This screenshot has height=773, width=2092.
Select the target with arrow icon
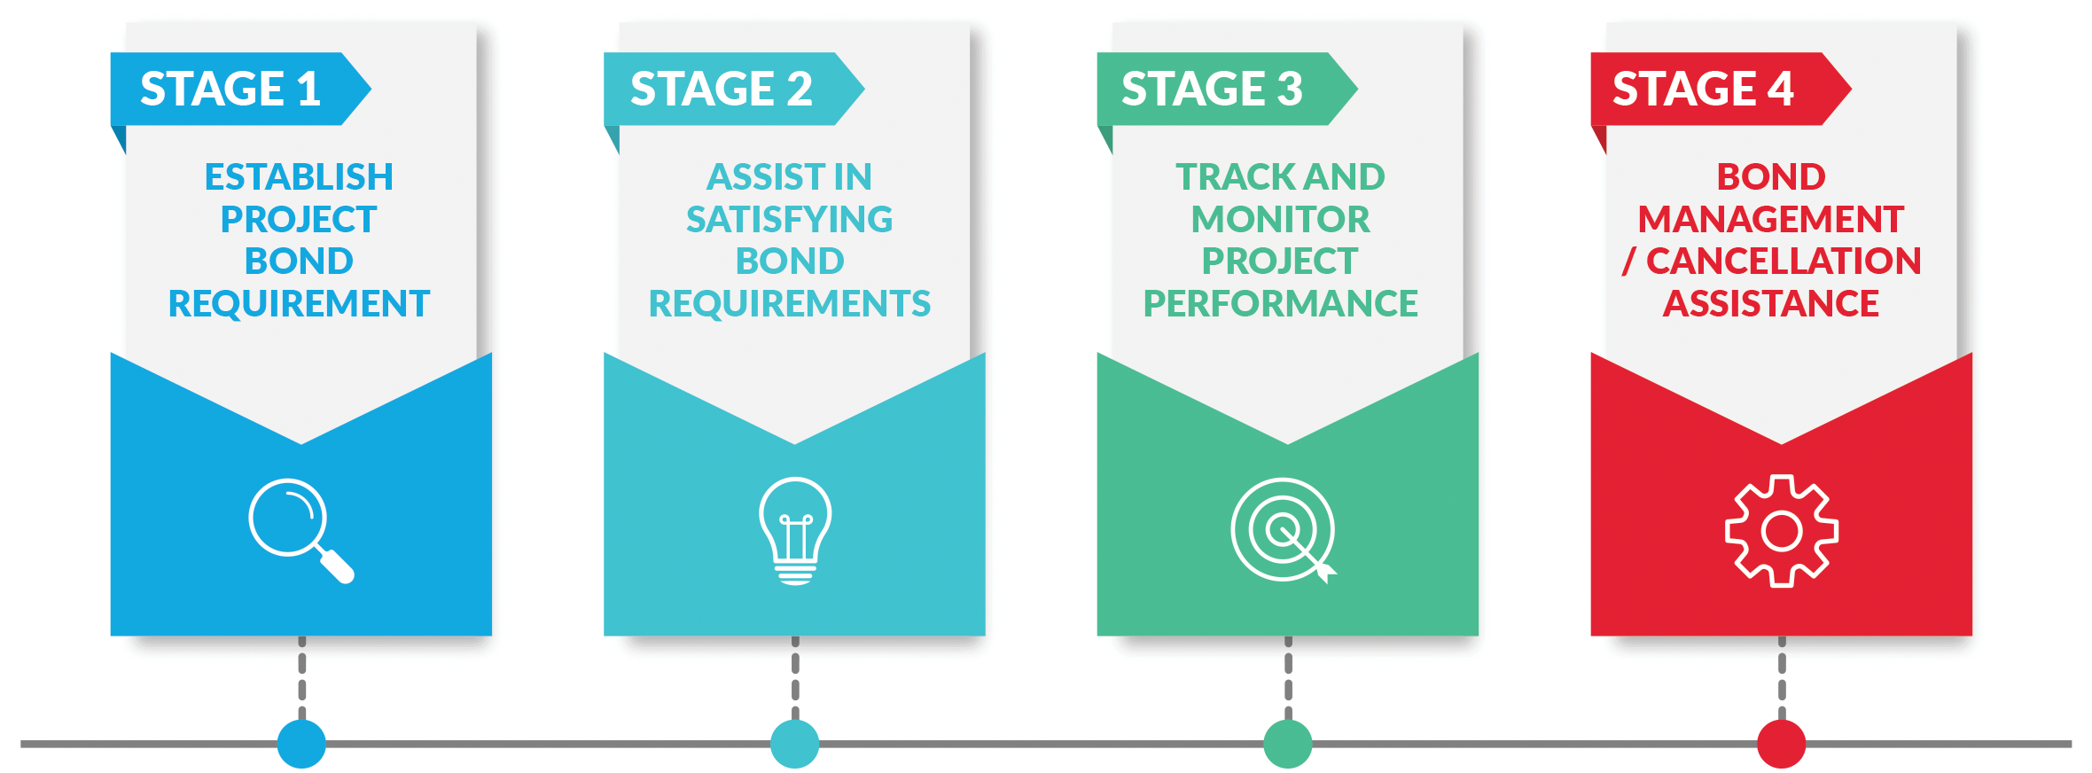point(1284,530)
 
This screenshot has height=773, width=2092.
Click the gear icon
point(1782,531)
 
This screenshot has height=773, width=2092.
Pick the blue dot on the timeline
point(301,744)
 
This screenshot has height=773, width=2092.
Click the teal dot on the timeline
point(795,744)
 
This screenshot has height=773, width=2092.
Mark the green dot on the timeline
point(1288,744)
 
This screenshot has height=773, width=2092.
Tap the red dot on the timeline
point(1782,744)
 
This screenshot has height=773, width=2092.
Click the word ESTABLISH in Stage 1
point(299,177)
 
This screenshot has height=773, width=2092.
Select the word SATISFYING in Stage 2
point(790,219)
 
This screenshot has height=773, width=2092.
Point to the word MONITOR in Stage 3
point(1281,219)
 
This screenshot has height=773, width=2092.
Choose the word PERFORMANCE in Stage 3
point(1281,304)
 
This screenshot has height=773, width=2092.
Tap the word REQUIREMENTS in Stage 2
point(790,304)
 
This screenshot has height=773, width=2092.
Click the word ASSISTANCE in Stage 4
point(1771,304)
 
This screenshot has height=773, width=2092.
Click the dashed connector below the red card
point(1782,677)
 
